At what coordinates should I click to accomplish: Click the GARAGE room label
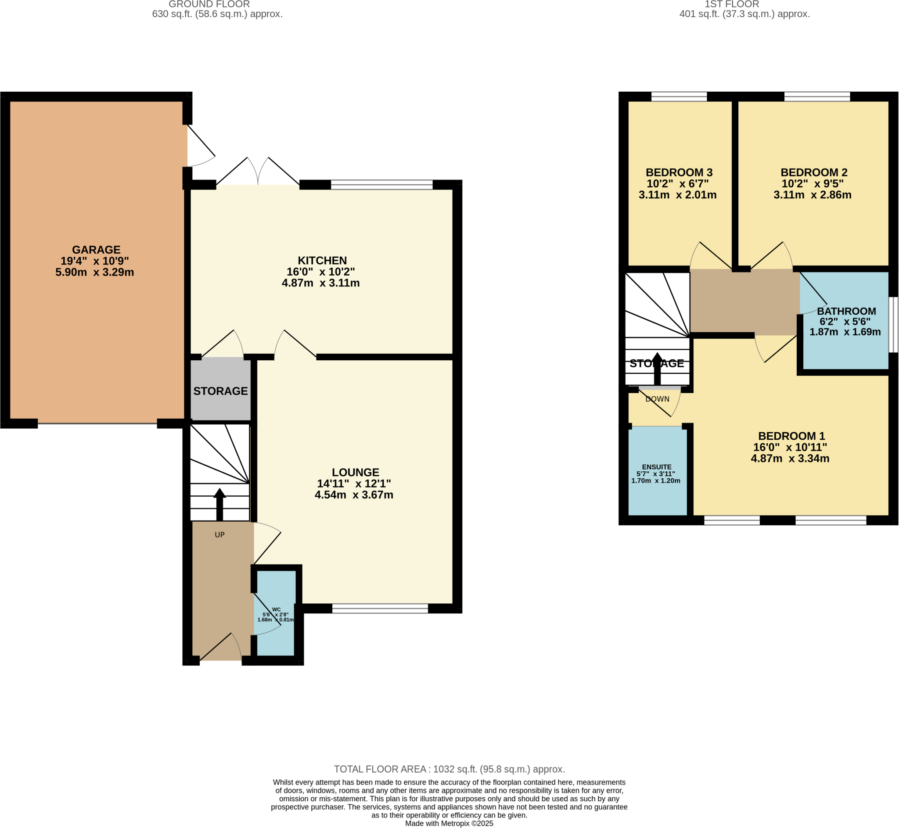[x=97, y=250]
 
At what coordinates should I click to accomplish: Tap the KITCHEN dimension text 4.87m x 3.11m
[x=320, y=283]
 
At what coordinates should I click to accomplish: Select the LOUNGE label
[x=356, y=472]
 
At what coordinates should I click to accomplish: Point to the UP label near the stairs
[x=219, y=534]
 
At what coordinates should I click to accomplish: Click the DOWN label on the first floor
[x=658, y=399]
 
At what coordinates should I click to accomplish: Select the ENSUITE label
[x=657, y=467]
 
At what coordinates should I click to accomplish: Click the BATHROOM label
[x=846, y=312]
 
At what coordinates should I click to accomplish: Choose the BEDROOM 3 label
[x=679, y=172]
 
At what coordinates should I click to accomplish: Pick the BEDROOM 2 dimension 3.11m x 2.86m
[x=813, y=195]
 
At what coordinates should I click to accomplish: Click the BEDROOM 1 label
[x=791, y=436]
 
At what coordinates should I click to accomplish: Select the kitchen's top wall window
[x=382, y=185]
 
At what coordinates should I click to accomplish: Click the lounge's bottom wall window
[x=380, y=609]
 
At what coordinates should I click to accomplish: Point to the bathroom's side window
[x=893, y=324]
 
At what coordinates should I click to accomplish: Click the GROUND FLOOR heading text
[x=209, y=4]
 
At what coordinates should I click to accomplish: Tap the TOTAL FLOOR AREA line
[x=449, y=769]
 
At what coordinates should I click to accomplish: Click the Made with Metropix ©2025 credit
[x=449, y=824]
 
